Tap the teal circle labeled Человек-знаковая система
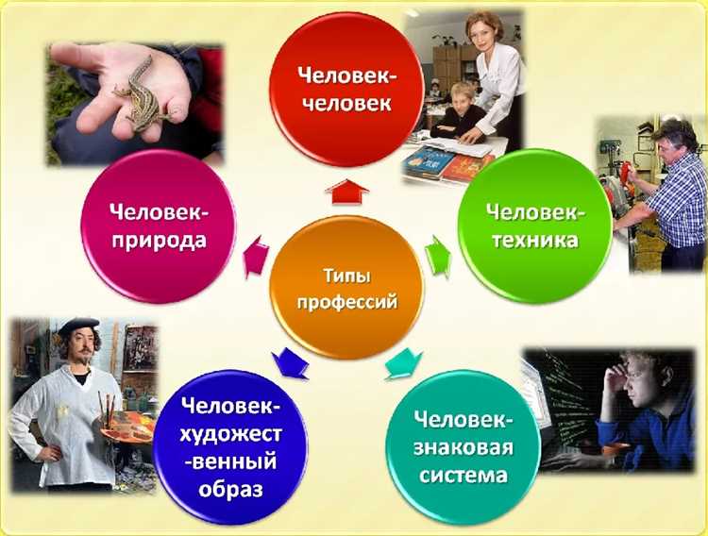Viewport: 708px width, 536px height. point(464,443)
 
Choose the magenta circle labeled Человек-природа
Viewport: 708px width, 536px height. point(159,226)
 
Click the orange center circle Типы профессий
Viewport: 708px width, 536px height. point(346,288)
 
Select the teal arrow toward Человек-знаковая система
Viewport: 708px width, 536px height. point(404,362)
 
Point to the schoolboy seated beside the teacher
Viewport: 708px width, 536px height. point(462,109)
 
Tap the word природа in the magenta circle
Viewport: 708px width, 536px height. point(159,240)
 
